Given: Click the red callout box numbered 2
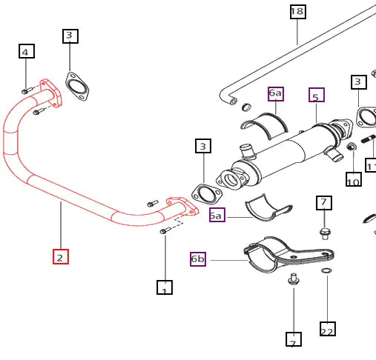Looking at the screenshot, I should coord(61,257).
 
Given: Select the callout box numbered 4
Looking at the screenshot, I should coord(26,51).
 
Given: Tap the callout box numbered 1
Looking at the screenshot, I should coord(164,287).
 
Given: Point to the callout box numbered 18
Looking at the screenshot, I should coord(297,11).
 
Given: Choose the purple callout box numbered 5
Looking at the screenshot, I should coord(317,96).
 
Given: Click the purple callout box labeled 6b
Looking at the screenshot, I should coord(198,259).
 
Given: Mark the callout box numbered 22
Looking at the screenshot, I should coord(327,330).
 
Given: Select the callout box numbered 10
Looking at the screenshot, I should coord(354,179).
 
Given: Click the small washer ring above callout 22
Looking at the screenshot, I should coord(326,271).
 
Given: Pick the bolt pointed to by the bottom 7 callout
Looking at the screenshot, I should coord(293,279).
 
